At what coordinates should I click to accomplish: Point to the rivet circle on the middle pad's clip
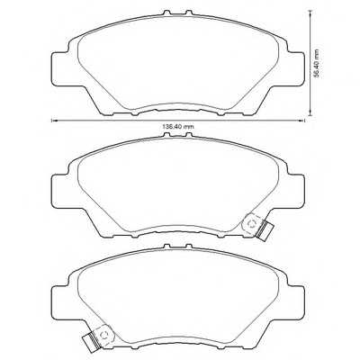(x=252, y=220)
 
